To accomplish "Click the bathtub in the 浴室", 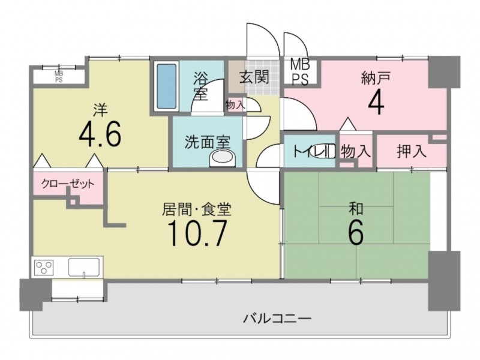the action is pos(167,86).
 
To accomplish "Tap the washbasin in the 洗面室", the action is pos(222,158).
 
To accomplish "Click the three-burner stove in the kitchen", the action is pos(44,267).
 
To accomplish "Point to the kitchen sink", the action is pos(84,267).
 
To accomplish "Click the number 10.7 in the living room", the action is pos(197,233).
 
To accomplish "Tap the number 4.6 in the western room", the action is pos(100,134).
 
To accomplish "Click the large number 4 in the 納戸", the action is pos(376,102).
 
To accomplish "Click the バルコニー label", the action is pos(277,319).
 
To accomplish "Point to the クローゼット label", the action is pos(68,184).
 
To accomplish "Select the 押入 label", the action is pos(412,151).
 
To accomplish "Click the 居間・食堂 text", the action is pos(197,209).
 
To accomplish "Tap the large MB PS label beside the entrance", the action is pos(301,72).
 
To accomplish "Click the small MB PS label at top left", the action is pos(59,77).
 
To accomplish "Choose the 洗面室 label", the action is pos(208,142).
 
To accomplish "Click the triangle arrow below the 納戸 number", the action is pos(348,124).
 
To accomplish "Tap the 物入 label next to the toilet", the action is pos(356,151).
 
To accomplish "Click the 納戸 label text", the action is pos(376,78).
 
